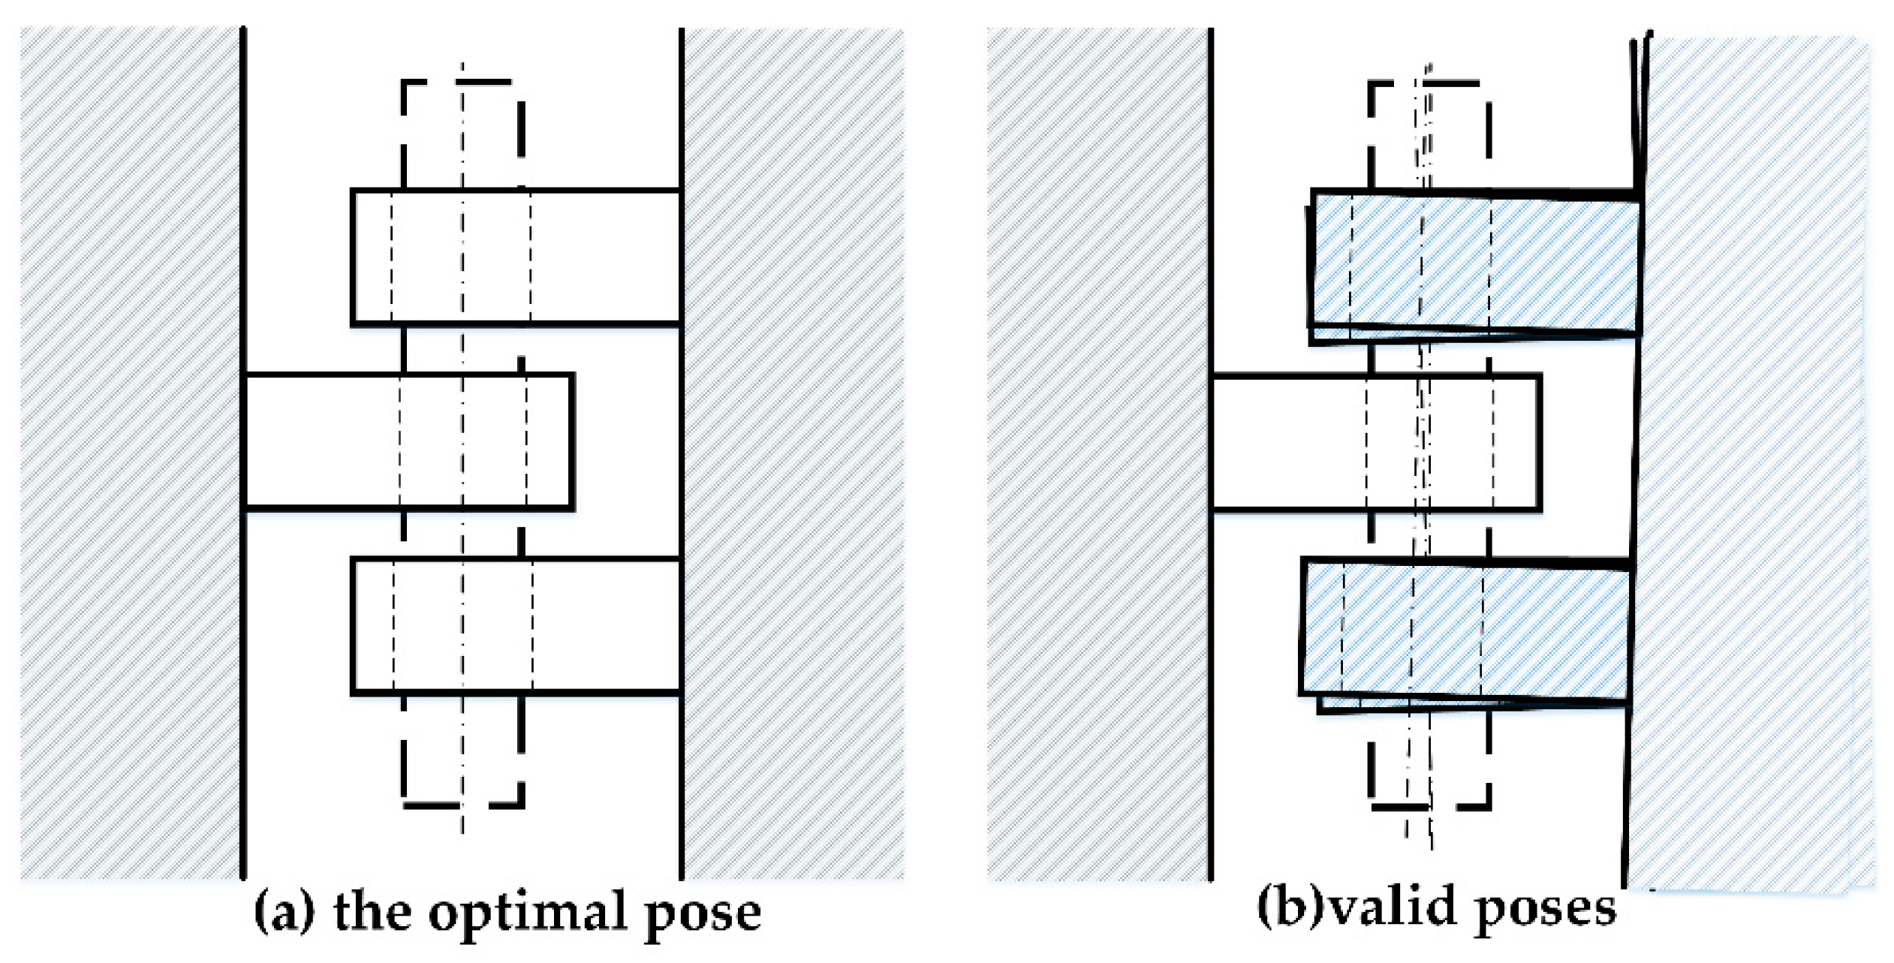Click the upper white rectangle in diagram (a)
[516, 257]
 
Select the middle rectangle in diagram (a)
[409, 442]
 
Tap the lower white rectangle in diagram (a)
[516, 626]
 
